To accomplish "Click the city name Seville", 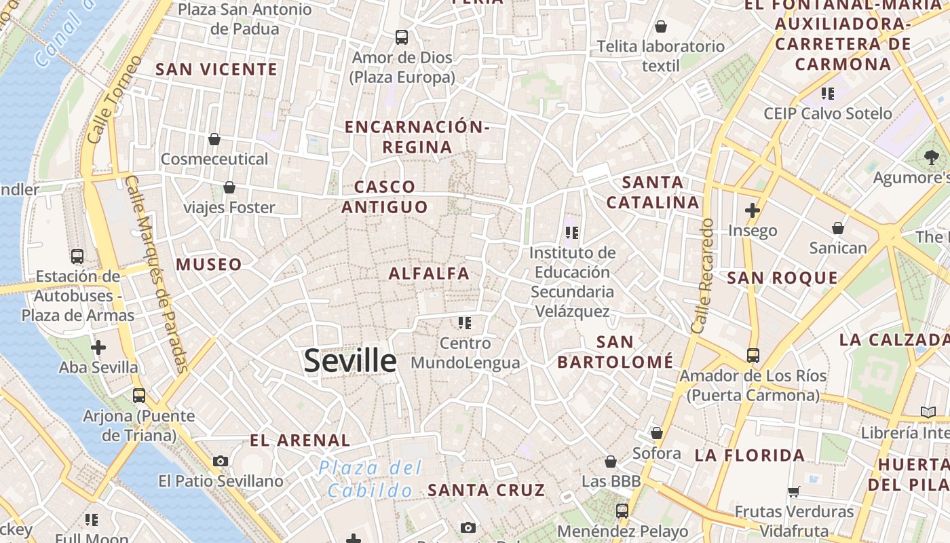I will coord(350,360).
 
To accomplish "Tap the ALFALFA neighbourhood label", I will coord(429,274).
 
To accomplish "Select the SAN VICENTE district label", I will coord(216,69).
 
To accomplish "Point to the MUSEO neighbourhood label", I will coord(209,265).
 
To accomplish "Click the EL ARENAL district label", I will coord(300,441).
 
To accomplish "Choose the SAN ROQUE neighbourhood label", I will coord(782,278).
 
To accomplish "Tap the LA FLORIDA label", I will coord(750,455).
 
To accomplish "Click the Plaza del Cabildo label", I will coord(370,479).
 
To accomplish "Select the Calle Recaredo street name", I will coord(702,275).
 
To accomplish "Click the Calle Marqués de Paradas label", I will coord(157,274).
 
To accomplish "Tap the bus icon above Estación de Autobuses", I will coord(77,257).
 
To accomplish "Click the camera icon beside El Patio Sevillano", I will coord(221,462).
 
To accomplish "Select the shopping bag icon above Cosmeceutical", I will coord(214,139).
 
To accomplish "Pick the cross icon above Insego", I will coord(752,210).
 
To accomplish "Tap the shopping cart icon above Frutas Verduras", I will coord(794,491).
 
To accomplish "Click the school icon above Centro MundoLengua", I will coord(465,322).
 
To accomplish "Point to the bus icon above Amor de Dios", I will coord(402,37).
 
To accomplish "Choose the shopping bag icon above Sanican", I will coord(838,228).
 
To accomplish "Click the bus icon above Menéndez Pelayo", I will coord(622,511).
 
